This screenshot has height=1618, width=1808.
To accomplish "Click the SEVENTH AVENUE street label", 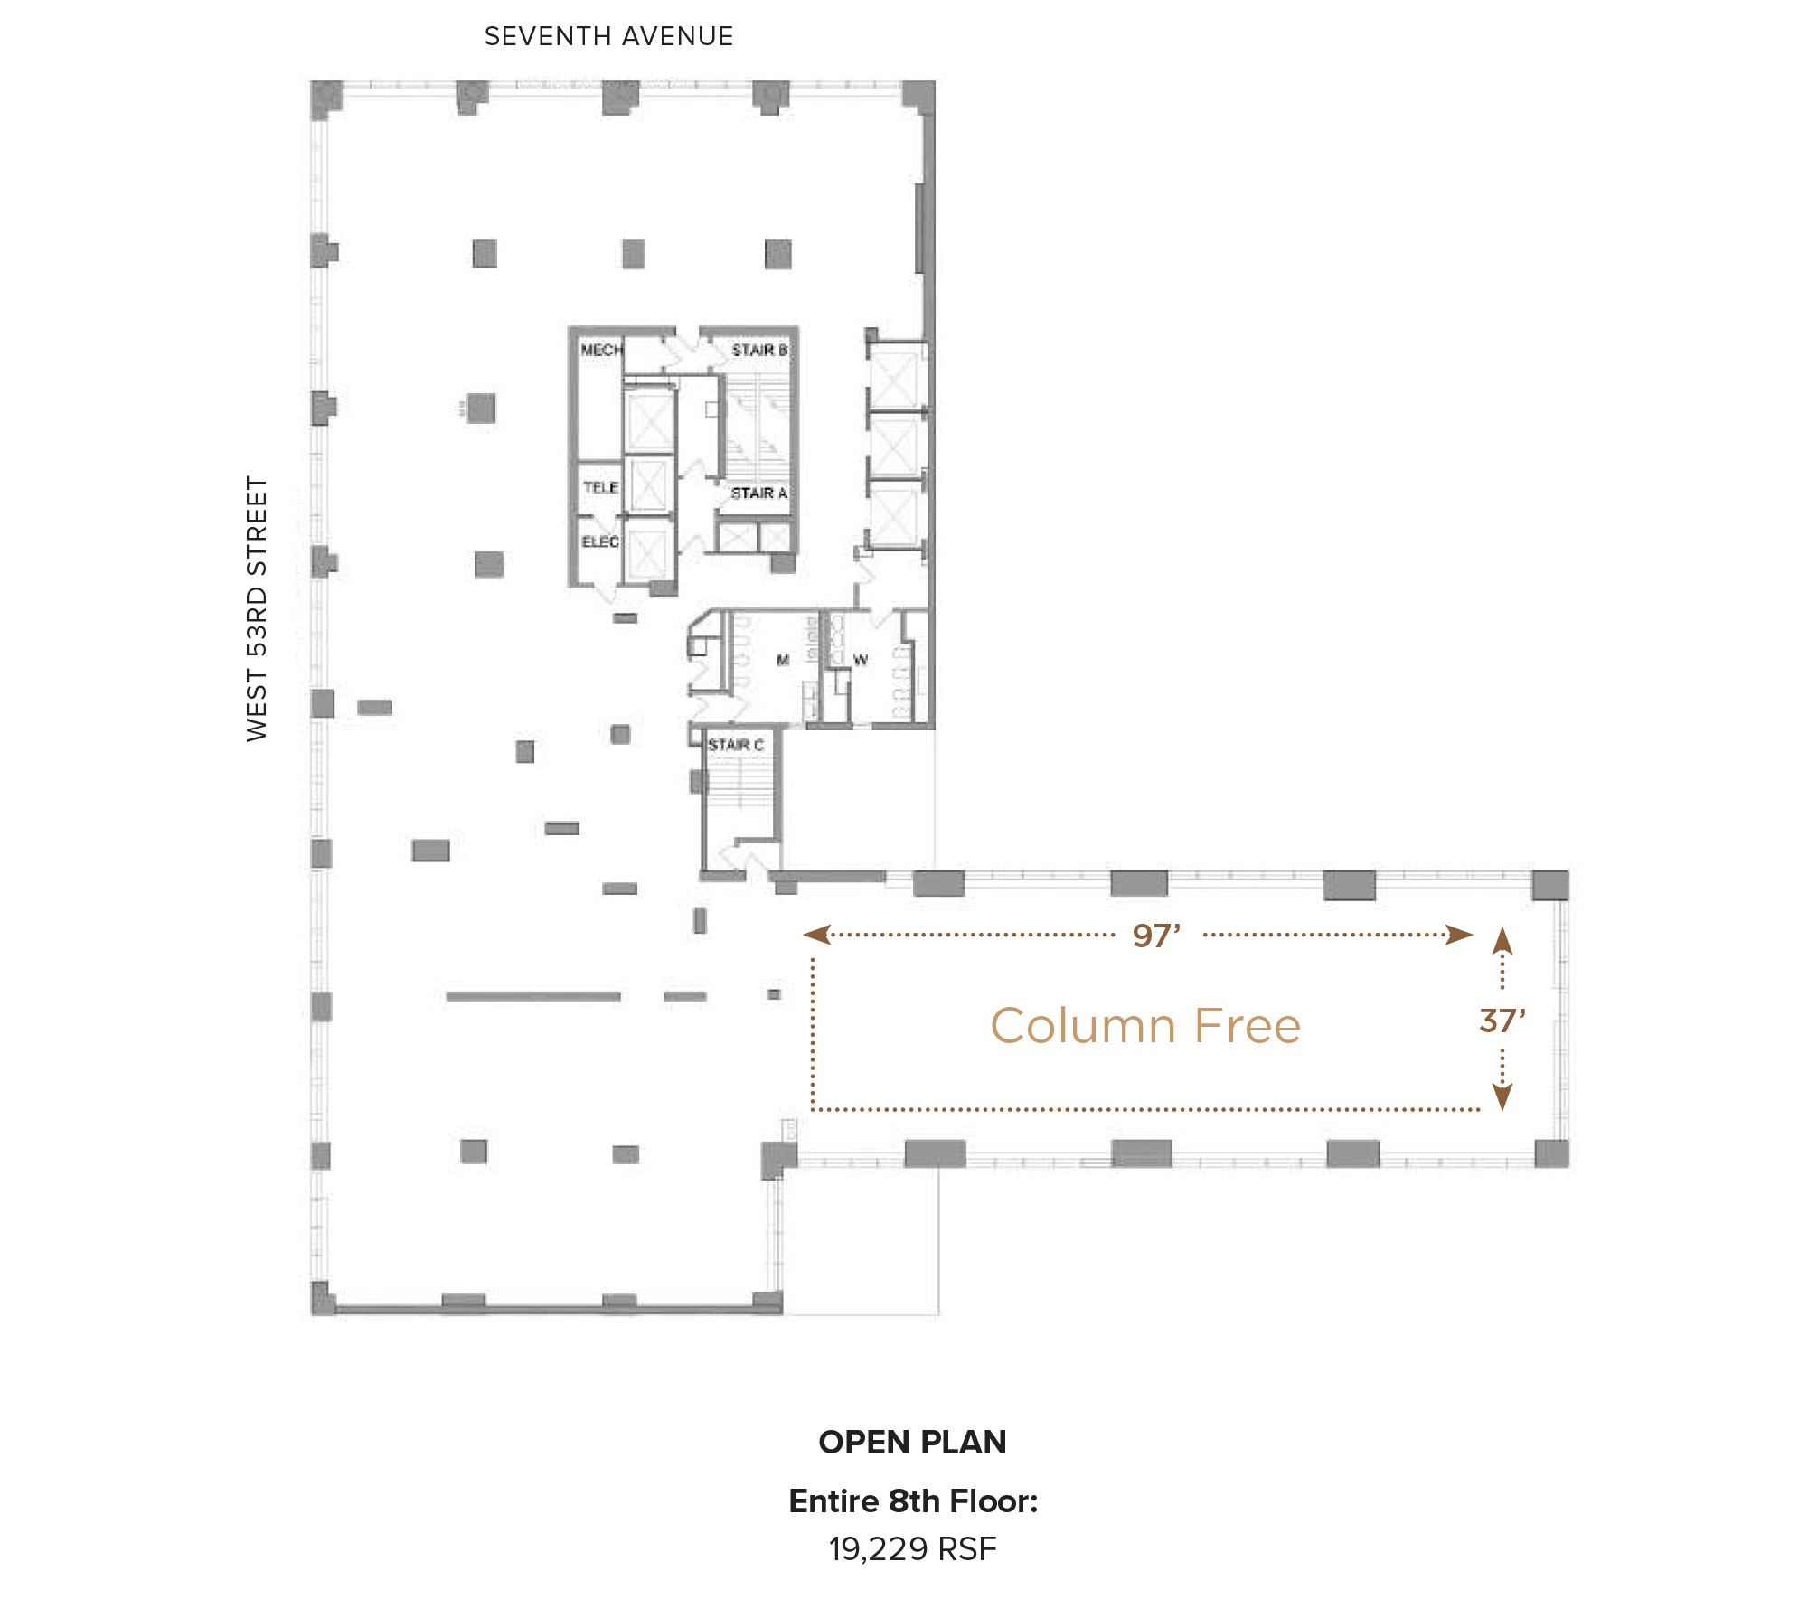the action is point(608,36).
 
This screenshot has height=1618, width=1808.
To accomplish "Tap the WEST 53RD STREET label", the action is point(257,609).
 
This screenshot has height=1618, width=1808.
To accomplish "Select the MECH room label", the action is point(601,350).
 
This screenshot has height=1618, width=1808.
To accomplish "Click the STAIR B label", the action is point(759,350).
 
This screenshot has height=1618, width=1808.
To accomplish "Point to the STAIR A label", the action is point(758,493).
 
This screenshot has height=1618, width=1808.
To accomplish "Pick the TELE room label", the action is point(600,487).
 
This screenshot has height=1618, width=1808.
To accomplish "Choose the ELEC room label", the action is point(600,541).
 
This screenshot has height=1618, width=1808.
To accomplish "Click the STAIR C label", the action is point(736,745).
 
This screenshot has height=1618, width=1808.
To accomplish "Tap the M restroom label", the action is point(783,660).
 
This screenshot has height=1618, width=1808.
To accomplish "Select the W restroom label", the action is point(861,660).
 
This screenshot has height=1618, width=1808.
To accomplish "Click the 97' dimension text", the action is point(1156,936).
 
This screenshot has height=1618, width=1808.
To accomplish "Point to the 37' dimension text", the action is point(1502,1021).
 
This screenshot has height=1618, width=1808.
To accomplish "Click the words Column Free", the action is point(1145,1026).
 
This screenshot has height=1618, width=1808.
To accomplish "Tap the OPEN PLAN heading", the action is point(912,1443).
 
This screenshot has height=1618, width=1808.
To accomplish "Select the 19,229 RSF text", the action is point(912,1549).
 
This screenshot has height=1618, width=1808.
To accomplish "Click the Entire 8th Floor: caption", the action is point(913,1501).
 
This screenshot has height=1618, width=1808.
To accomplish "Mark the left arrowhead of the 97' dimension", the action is point(816,935).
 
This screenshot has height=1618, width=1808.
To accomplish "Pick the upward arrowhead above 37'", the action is point(1502,940).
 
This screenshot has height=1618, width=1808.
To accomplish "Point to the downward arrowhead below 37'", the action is point(1502,1096).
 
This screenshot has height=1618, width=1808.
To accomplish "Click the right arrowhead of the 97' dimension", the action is point(1459,935).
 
